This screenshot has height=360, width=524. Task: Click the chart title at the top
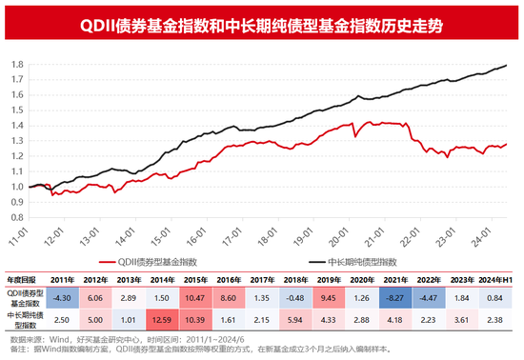point(262,19)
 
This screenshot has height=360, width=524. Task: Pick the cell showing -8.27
point(398,299)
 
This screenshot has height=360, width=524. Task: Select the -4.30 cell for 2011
point(64,299)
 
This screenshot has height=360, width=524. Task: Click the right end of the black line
point(505,65)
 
